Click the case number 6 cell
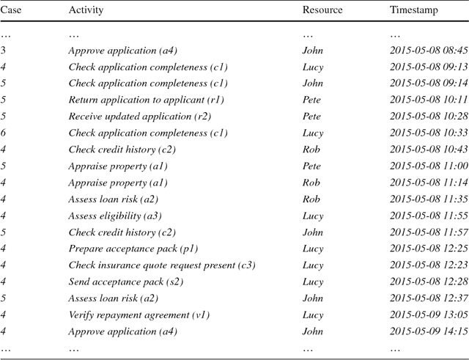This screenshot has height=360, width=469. click(4, 133)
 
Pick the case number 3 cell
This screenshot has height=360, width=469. click(4, 51)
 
